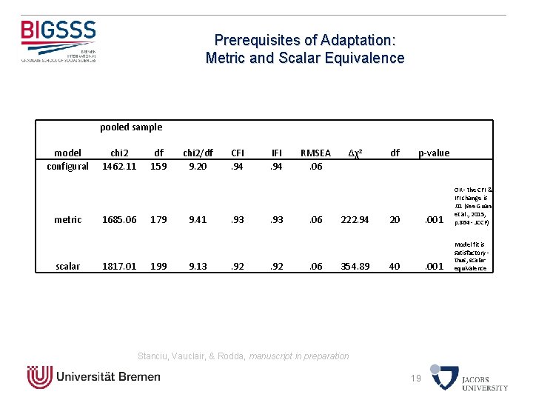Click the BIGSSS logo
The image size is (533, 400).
coord(58,40)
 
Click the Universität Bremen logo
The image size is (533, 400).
coord(93,376)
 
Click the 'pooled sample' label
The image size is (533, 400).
coord(131,127)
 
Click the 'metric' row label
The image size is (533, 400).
coord(68,219)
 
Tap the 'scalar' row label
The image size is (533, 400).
coord(68,266)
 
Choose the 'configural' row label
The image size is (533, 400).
coord(68,167)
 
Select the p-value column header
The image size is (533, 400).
coord(434,153)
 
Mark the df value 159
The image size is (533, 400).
coord(158,167)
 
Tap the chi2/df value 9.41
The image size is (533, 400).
coord(198,219)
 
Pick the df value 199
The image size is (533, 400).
coord(158,266)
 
